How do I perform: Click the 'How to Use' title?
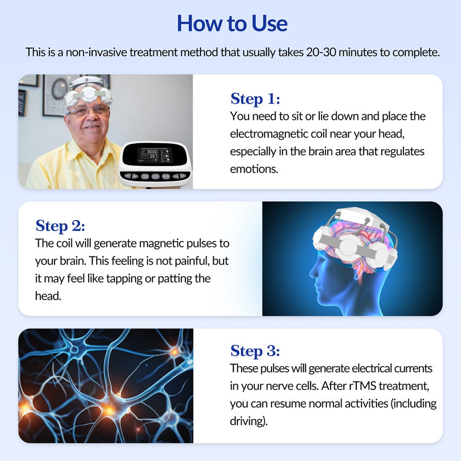click(232, 23)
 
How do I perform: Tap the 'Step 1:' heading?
click(255, 99)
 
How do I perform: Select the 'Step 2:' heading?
click(60, 226)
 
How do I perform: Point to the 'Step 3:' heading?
click(255, 351)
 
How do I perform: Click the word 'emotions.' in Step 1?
click(254, 169)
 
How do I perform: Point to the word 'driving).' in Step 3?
click(248, 421)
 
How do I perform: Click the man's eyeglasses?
click(87, 111)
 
